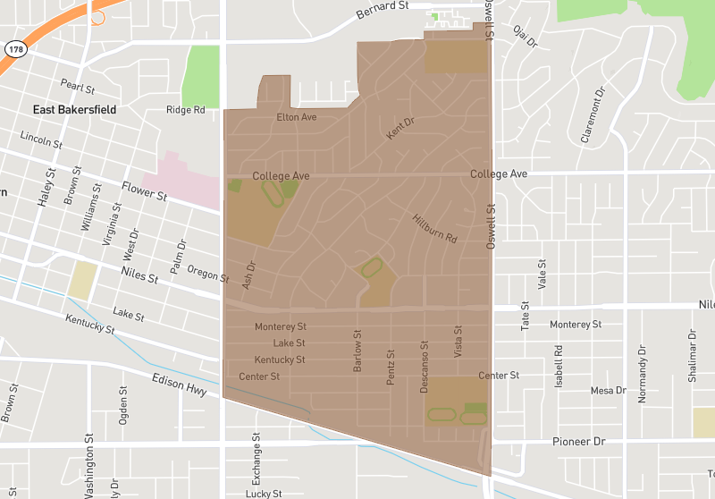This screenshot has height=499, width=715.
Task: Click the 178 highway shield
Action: [x=14, y=48]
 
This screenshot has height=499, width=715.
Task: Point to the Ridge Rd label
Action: [x=186, y=110]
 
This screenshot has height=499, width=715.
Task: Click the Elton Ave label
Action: [x=297, y=117]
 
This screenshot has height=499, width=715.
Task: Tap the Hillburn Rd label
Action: [x=435, y=228]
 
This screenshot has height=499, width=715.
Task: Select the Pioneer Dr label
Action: [x=578, y=442]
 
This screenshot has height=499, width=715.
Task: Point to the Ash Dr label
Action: [x=249, y=275]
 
